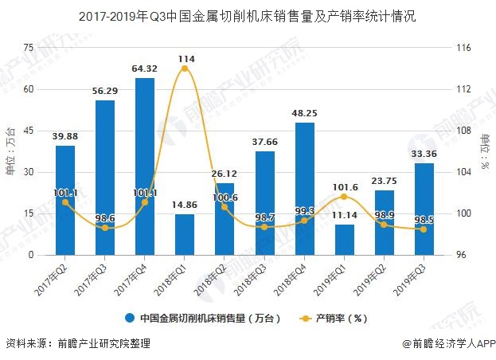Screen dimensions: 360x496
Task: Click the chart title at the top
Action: (248, 15)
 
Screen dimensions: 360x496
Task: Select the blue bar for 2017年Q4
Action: (145, 166)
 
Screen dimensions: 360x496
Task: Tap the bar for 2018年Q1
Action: (185, 234)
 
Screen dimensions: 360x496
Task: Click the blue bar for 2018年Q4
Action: (305, 189)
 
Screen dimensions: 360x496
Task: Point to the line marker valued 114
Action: (185, 68)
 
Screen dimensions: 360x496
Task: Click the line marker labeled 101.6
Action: (345, 197)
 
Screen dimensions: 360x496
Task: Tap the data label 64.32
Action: (144, 69)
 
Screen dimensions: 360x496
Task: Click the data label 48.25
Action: (305, 113)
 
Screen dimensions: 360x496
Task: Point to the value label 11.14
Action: (345, 216)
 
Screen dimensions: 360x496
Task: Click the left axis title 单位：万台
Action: (10, 151)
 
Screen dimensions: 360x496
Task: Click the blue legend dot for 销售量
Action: (129, 319)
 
